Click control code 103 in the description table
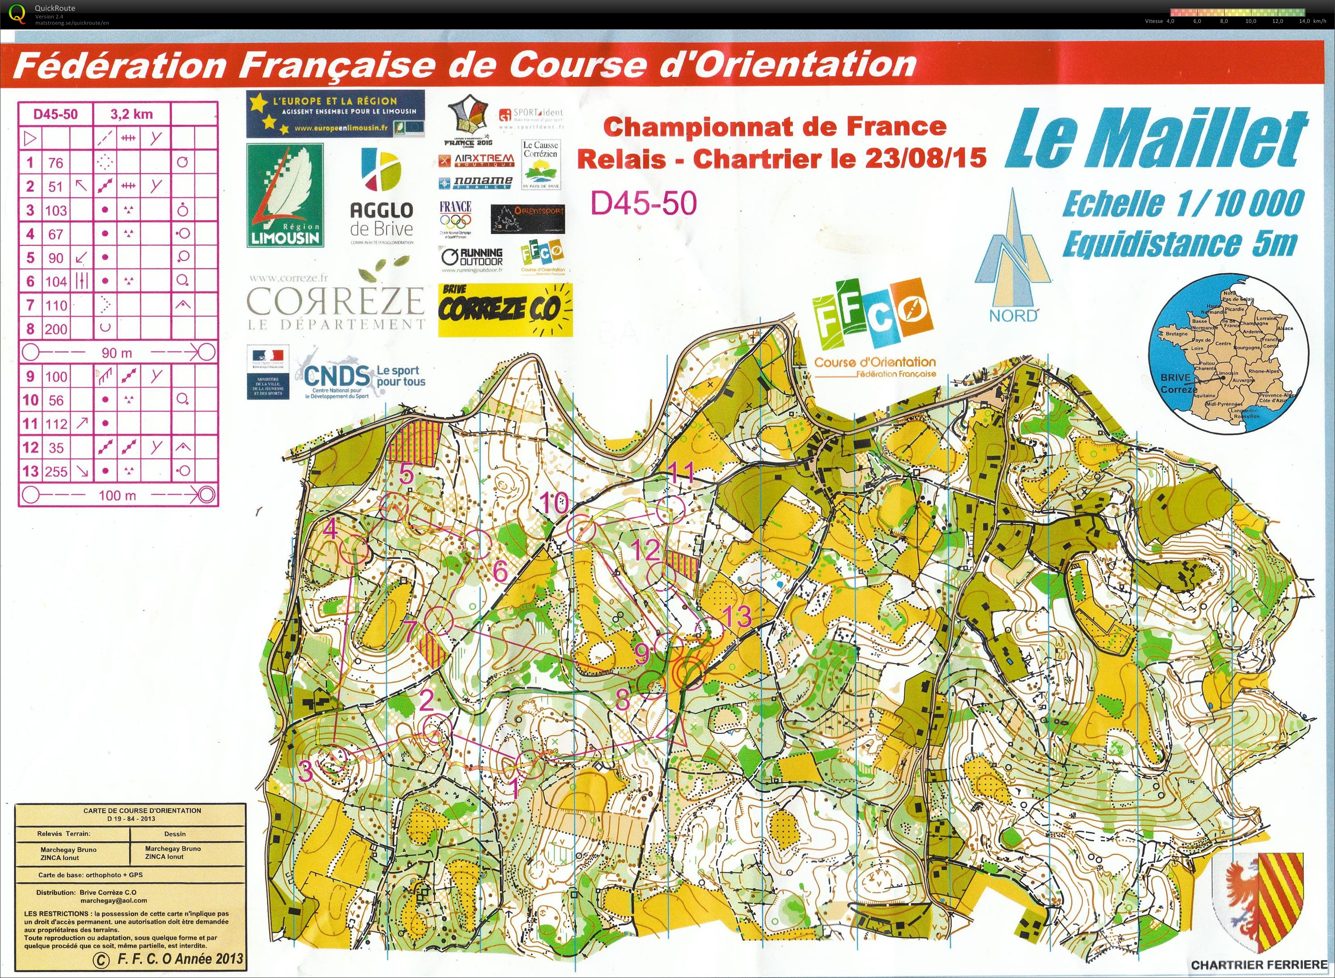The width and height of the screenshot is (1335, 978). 56,210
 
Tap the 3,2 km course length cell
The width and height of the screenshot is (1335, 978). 131,114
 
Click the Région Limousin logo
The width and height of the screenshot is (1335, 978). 285,195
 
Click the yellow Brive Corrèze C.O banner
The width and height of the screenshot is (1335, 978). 505,310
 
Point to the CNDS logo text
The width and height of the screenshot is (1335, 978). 339,374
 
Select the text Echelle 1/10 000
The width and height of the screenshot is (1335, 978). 1182,204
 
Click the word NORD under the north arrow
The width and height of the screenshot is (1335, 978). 1013,316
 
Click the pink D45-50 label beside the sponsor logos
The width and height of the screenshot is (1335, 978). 644,203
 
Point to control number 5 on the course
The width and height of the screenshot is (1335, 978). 406,474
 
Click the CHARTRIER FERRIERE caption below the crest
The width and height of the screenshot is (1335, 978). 1259,965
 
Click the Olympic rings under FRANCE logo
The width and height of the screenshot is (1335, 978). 455,221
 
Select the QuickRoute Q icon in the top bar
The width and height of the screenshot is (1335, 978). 18,13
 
